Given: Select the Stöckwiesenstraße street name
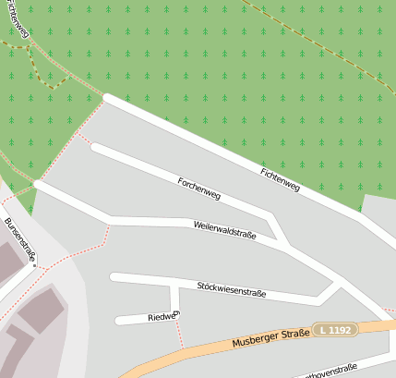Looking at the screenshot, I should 232,289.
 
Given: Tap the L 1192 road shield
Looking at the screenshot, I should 334,329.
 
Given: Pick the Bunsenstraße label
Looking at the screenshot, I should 18,239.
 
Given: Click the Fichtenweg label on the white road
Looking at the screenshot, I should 280,179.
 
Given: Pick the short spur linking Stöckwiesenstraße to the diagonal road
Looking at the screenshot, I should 329,293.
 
